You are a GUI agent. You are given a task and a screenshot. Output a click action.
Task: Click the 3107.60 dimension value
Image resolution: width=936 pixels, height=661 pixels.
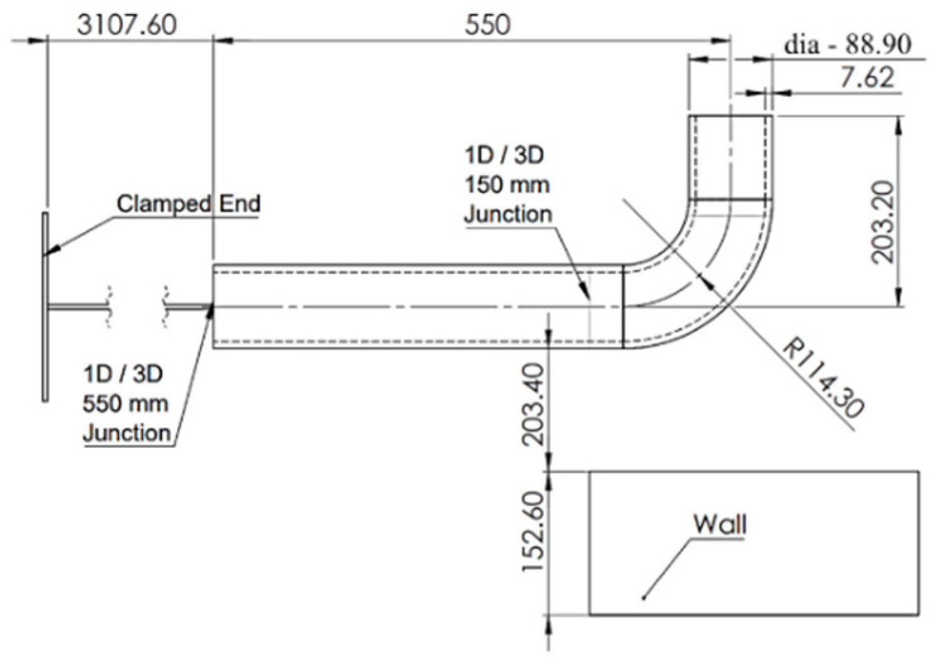point(127,24)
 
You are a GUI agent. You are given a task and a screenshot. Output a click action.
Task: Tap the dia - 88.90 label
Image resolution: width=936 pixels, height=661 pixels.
point(847,45)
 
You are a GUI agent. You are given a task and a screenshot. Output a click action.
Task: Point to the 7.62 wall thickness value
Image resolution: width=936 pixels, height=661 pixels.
point(867,78)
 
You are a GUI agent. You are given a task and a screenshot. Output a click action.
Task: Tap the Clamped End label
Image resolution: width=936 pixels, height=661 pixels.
point(188,204)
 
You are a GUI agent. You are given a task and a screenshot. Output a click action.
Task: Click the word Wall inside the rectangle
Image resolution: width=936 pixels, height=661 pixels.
point(720,524)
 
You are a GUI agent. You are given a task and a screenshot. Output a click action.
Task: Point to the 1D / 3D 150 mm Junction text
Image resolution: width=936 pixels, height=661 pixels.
point(507,185)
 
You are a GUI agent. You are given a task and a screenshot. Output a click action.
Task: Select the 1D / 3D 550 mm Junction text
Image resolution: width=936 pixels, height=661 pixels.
point(126,403)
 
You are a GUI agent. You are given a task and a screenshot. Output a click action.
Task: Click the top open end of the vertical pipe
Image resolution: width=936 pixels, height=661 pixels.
point(730,116)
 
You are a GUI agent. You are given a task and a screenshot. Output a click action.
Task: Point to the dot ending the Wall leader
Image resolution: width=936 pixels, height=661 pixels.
point(643,597)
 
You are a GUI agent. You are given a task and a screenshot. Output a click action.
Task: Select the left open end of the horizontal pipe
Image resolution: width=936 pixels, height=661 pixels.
point(214,306)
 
